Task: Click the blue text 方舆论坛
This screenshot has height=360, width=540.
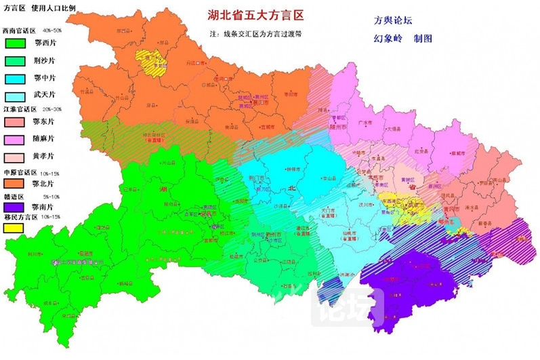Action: click(x=392, y=20)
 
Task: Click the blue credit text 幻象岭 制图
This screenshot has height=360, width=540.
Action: click(x=402, y=39)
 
